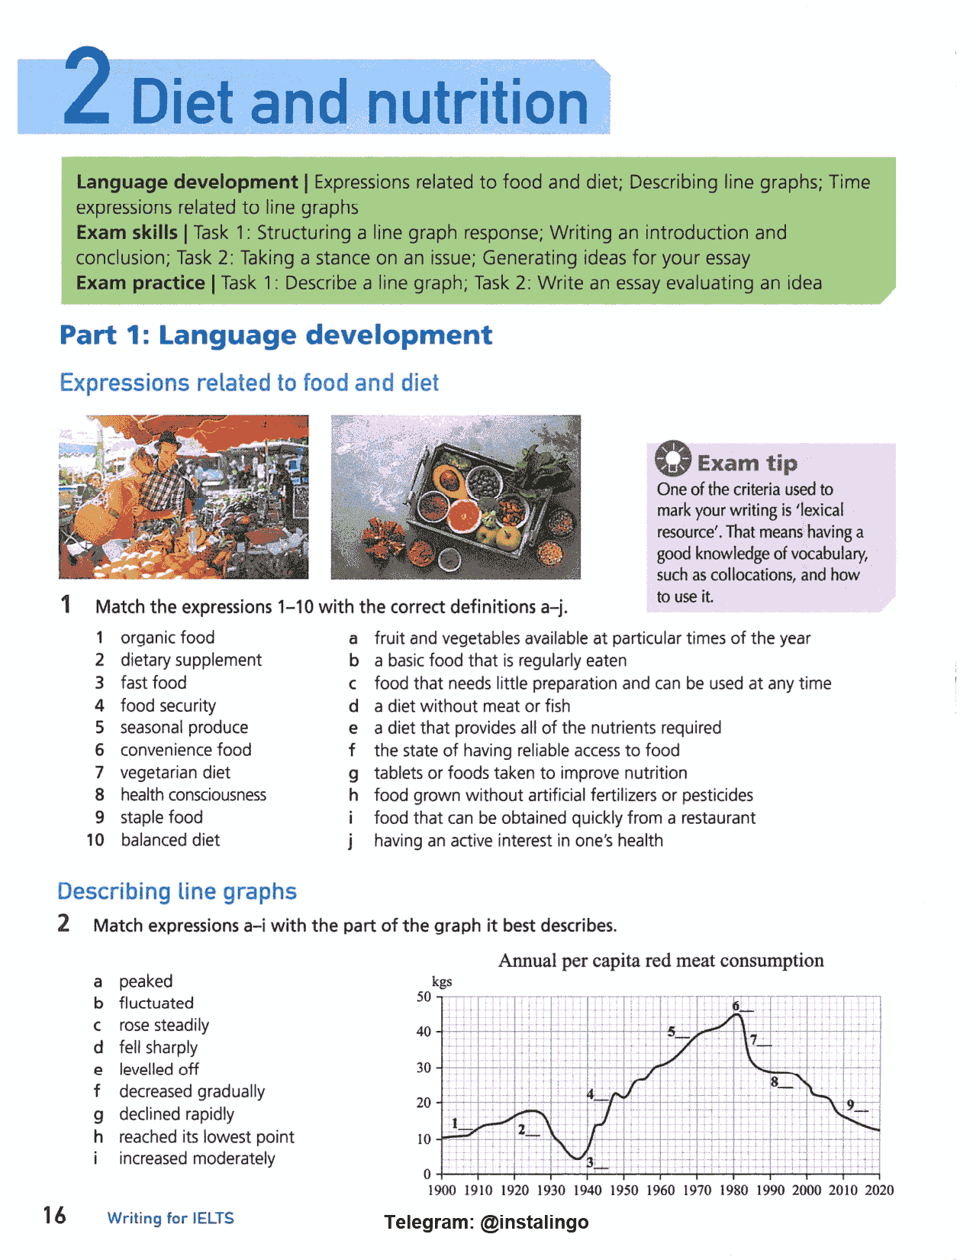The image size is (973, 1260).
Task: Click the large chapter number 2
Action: [87, 88]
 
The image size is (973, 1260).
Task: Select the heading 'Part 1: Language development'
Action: [275, 334]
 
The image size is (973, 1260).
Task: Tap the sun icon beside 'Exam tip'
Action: [672, 458]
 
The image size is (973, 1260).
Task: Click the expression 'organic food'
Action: [167, 638]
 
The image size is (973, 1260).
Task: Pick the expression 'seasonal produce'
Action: [184, 727]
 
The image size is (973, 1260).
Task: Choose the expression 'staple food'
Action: [161, 817]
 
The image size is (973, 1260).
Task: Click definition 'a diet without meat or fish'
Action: [472, 706]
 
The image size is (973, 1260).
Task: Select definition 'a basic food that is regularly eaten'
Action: [500, 661]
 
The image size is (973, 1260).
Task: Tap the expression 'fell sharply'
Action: [158, 1047]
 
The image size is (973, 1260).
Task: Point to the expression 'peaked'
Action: [146, 981]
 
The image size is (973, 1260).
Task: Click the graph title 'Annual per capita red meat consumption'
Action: [661, 961]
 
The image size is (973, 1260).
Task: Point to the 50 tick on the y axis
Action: [424, 997]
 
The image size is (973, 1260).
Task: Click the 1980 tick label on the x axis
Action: [733, 1190]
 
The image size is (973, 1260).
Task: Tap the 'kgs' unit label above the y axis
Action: [442, 981]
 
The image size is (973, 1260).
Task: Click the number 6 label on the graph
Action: [736, 1006]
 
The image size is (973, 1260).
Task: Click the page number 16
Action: [54, 1215]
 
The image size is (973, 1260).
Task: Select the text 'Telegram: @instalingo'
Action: [486, 1222]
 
